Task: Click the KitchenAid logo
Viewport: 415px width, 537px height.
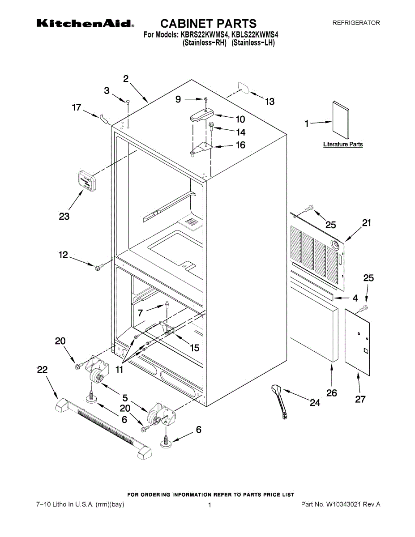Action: pos(85,23)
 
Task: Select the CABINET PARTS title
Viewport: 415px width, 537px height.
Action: pos(208,23)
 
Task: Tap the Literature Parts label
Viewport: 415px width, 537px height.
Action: pos(343,145)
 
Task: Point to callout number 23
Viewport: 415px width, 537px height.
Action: pos(64,216)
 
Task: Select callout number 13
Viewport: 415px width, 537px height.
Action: pos(270,102)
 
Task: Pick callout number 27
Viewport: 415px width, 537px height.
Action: pos(360,399)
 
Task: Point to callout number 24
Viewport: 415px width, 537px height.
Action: pos(315,403)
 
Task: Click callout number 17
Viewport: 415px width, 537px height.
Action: pos(77,107)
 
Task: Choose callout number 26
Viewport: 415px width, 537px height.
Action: pos(331,393)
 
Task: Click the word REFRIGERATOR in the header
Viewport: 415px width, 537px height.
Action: pos(356,23)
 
